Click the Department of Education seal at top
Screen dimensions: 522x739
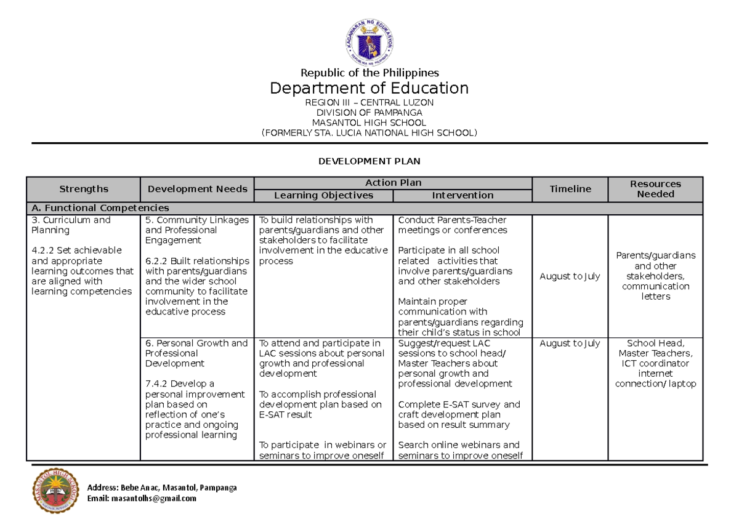coord(369,41)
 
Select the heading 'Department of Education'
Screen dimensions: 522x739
coord(369,88)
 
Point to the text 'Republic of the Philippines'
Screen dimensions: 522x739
coord(369,73)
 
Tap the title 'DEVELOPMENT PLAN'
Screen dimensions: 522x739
coord(369,161)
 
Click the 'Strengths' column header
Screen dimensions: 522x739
coord(83,189)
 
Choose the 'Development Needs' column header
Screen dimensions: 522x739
coord(197,189)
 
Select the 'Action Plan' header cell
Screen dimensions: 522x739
coord(393,183)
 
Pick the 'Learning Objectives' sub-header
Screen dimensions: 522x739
coord(323,195)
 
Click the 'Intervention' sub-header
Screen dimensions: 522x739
coord(462,195)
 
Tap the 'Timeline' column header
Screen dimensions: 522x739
coord(570,189)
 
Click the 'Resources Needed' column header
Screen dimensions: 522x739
coord(655,189)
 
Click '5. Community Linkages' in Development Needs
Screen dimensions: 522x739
coord(196,220)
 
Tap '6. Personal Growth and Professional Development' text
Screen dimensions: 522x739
coord(196,353)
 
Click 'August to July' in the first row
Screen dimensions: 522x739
coord(570,276)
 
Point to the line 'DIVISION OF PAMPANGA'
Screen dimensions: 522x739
coord(369,113)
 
